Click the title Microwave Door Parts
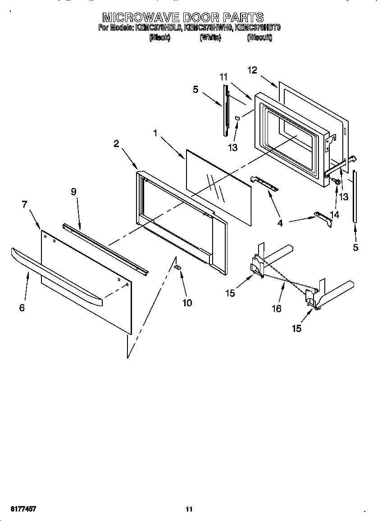182,18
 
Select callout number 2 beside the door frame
116,143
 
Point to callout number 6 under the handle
22,308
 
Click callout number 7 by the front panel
24,204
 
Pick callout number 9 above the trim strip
73,191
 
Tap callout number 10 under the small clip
186,303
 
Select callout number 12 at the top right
252,70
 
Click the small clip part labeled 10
177,267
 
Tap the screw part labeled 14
336,181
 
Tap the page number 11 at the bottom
189,509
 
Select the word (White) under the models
210,38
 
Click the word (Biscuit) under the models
259,38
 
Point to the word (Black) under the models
159,38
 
